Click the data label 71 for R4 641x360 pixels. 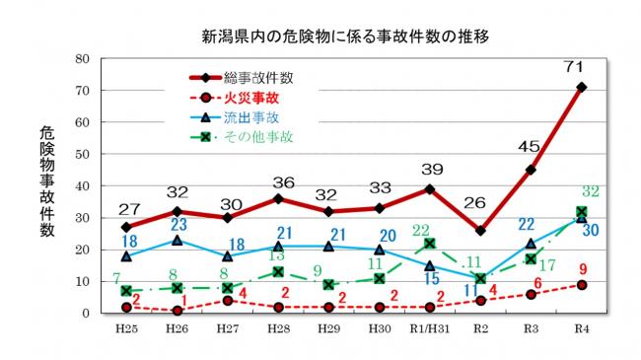(581, 66)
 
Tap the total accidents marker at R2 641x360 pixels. (479, 231)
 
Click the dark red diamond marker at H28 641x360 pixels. (277, 198)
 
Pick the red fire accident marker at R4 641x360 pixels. (581, 285)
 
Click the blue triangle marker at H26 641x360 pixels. (176, 240)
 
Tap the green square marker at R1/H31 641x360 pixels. (429, 244)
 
